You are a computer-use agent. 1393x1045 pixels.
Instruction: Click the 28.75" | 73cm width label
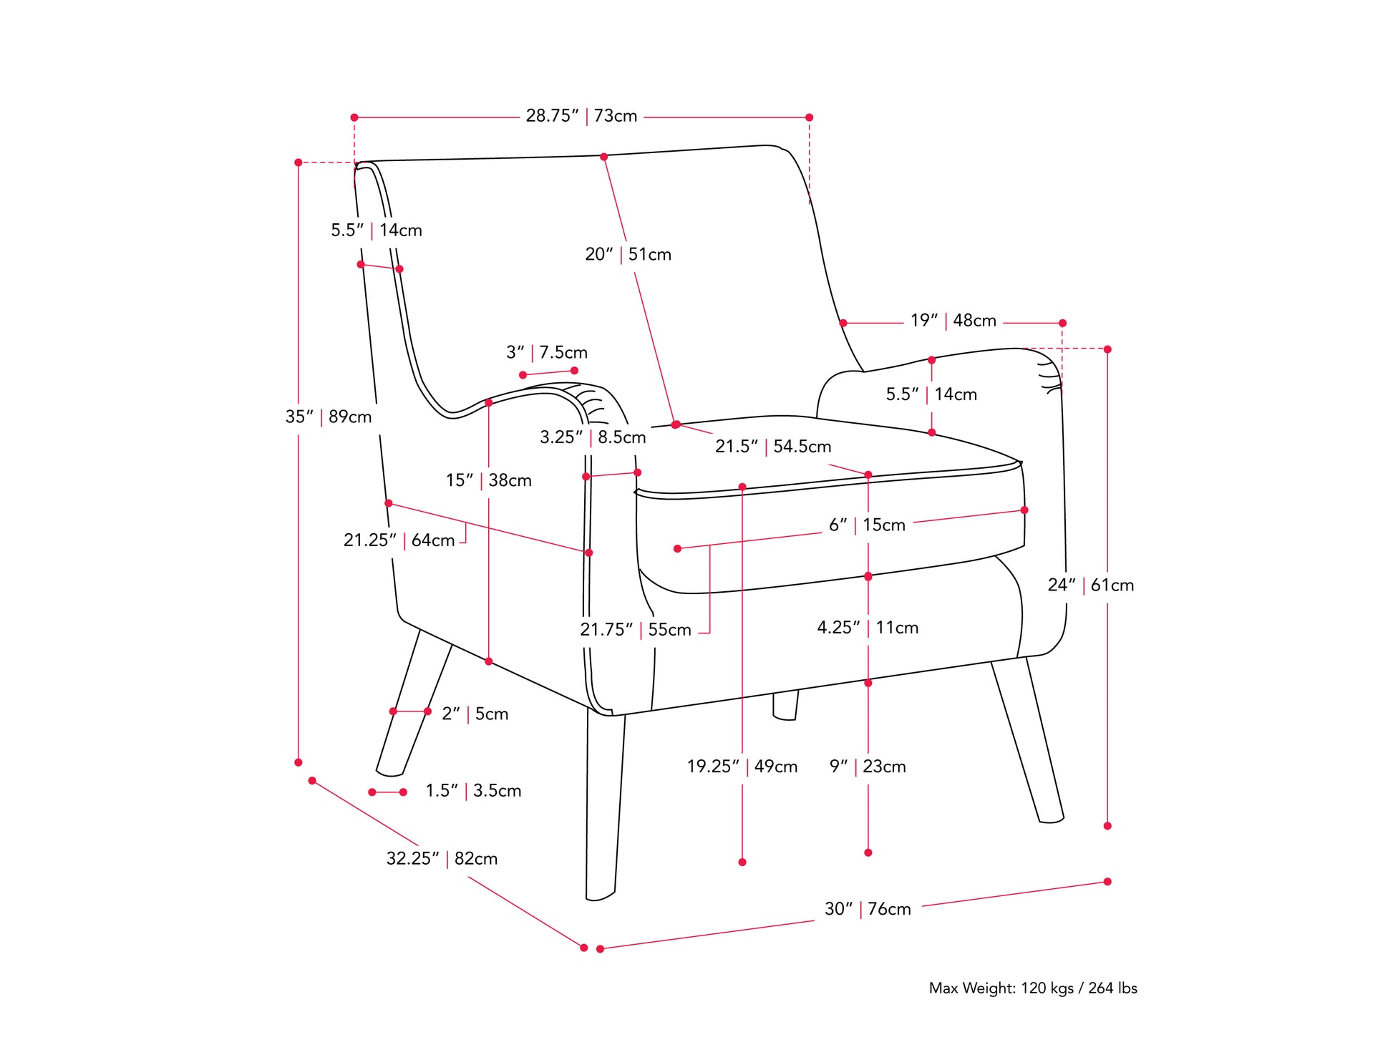[581, 116]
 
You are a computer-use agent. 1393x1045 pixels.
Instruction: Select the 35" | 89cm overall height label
[329, 417]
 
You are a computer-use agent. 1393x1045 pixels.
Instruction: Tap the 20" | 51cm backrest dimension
[628, 254]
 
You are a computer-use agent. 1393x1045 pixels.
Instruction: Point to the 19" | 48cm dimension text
[953, 321]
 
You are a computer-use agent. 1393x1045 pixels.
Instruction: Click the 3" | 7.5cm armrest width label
[546, 352]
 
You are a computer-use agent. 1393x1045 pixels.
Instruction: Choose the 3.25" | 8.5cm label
[593, 437]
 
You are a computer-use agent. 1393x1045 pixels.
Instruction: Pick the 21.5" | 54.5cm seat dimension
[773, 447]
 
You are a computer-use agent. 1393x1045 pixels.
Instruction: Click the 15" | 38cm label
[489, 480]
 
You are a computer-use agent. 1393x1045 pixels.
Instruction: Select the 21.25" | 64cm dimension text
[399, 540]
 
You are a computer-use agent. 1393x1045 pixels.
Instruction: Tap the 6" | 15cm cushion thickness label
[867, 525]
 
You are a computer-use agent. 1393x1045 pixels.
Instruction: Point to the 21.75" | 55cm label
[636, 630]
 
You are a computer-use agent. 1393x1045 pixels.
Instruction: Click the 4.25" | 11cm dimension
[868, 628]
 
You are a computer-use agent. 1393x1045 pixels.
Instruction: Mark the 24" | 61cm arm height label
[1090, 585]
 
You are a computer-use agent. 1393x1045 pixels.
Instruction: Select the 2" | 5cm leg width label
[475, 714]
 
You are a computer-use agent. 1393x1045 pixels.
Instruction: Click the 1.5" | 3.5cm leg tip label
[473, 791]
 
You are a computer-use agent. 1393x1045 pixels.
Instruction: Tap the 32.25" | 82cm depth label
[442, 858]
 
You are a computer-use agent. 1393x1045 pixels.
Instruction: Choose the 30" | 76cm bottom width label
[868, 909]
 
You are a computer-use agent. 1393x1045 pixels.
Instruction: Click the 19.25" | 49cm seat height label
[742, 767]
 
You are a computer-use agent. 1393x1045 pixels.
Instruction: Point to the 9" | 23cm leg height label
[868, 767]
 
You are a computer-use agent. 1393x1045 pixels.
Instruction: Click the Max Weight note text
[1032, 988]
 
